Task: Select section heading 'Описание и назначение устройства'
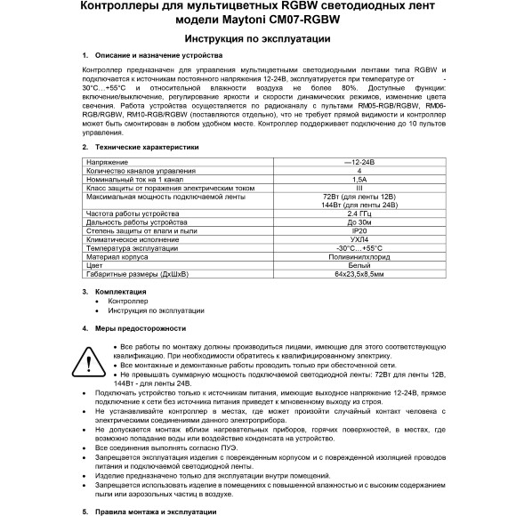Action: [157, 56]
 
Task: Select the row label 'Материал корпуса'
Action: [118, 256]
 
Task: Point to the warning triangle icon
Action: [90, 359]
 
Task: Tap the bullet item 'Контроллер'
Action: [127, 302]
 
